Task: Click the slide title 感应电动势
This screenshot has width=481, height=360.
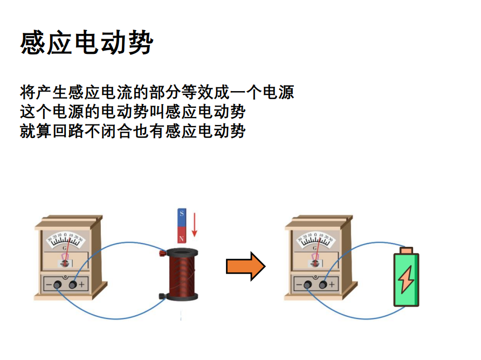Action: point(86,43)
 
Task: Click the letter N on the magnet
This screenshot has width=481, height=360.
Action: point(182,238)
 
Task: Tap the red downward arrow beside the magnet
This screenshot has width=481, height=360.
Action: point(195,225)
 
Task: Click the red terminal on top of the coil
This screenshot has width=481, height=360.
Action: point(162,253)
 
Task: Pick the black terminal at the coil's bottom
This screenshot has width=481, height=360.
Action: point(162,295)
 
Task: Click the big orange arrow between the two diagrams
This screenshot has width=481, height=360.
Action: point(245,266)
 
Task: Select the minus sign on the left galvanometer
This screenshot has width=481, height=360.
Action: point(49,285)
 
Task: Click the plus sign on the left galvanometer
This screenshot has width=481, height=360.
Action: point(81,285)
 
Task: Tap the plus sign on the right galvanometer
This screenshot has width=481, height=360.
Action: point(332,284)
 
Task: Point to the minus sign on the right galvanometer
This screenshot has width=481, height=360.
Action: point(299,284)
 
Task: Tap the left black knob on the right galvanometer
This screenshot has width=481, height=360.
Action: point(307,285)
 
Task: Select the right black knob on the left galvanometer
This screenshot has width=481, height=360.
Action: point(72,285)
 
